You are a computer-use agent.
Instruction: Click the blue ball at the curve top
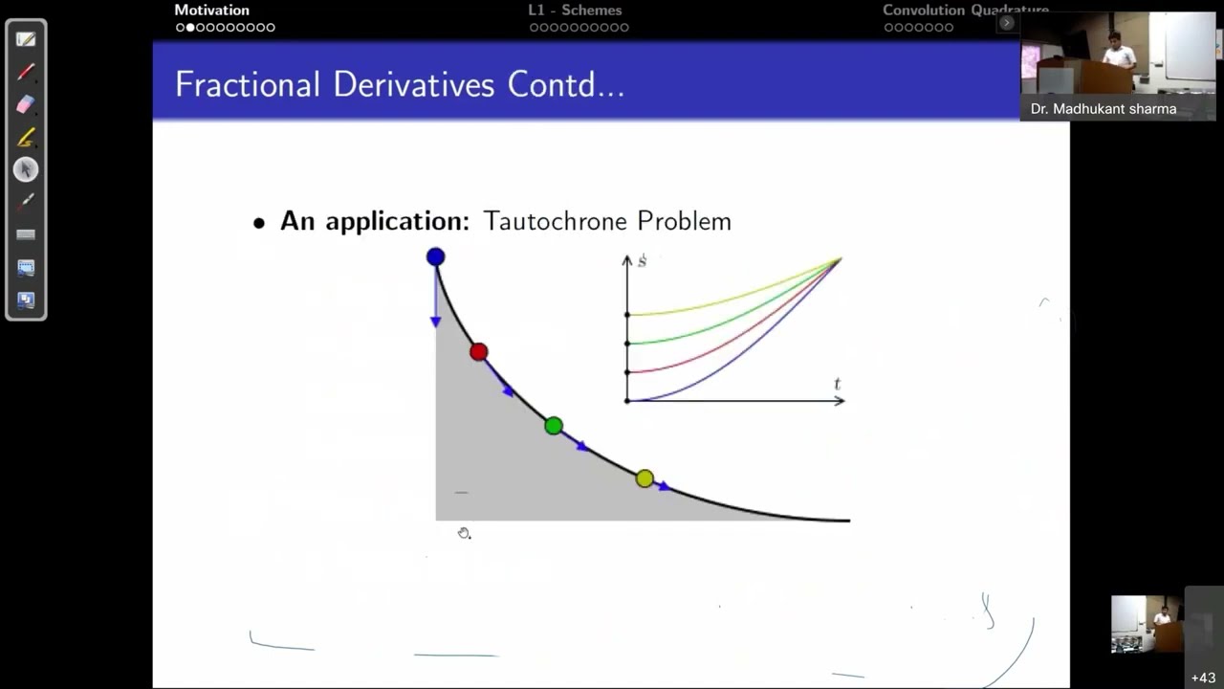435,256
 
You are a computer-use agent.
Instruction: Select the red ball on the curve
479,352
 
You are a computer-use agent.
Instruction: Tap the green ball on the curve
554,426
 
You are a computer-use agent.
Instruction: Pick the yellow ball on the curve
645,478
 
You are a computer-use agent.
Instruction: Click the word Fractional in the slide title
248,85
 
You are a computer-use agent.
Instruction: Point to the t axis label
838,385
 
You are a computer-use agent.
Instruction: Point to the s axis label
642,261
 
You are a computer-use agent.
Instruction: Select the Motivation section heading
211,11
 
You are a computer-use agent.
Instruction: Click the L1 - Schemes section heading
575,11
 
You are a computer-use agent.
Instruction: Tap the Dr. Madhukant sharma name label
1103,109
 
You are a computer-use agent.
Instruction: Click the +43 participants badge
1203,678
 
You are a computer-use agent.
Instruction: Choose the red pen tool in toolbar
26,72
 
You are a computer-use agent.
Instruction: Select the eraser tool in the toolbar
26,104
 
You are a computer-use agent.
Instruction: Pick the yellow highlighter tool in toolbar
26,137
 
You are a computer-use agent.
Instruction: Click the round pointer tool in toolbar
26,169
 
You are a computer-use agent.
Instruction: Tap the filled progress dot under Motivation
190,28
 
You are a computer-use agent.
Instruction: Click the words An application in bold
374,221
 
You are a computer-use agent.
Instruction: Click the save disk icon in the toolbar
26,300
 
